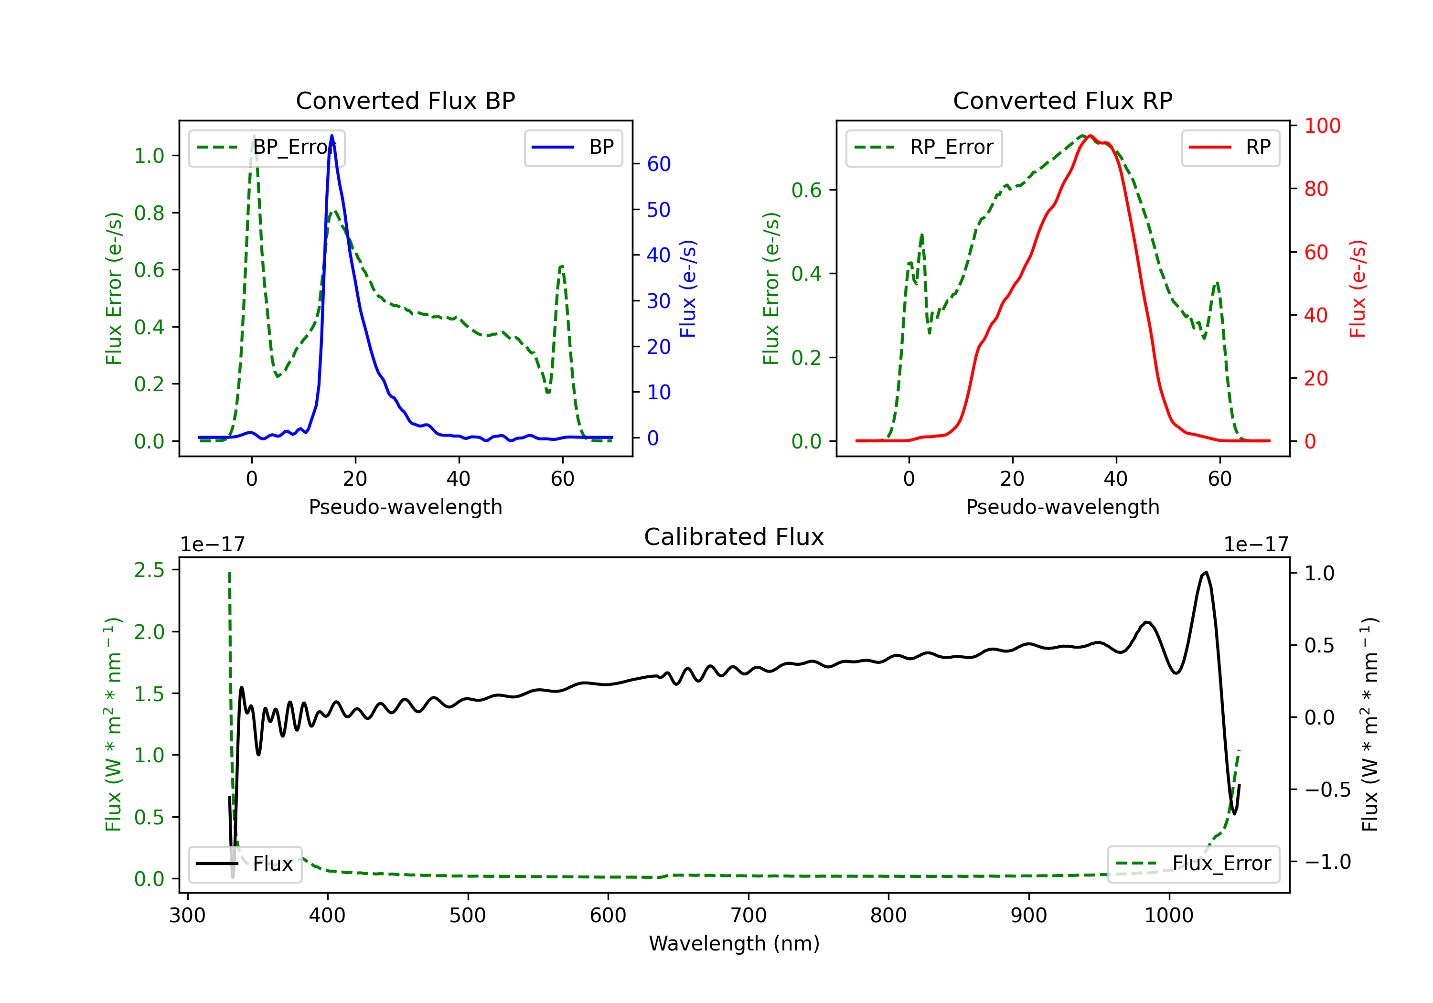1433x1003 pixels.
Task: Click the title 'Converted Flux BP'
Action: click(406, 100)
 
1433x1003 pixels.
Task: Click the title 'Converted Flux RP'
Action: click(1063, 100)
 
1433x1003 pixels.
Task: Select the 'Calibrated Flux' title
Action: click(734, 537)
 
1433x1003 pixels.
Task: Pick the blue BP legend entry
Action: click(573, 147)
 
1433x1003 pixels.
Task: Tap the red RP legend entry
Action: click(1230, 147)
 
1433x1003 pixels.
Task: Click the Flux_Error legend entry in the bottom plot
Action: click(1193, 864)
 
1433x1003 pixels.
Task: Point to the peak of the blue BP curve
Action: click(332, 136)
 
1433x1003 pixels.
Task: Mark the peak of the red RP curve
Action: click(1090, 136)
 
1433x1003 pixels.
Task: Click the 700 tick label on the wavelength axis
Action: click(749, 916)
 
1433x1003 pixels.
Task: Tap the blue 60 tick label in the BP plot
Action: click(658, 164)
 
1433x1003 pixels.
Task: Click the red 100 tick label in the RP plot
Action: click(1322, 126)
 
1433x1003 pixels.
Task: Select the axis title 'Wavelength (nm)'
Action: click(734, 944)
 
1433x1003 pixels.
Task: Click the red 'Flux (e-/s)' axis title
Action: click(1358, 288)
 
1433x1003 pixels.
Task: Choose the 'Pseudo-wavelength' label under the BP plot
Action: click(406, 507)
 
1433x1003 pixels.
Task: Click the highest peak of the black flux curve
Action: click(1206, 572)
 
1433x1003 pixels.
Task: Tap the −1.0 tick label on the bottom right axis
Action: click(1327, 862)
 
